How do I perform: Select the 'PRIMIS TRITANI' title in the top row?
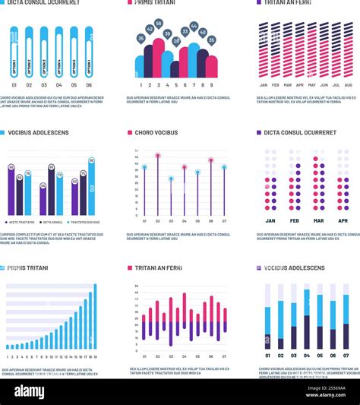click(156, 3)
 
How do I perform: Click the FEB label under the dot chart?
click(295, 220)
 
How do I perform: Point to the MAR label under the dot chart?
click(318, 220)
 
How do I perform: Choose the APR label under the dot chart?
click(343, 220)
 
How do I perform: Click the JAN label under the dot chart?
click(270, 220)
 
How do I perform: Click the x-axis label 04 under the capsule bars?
click(58, 85)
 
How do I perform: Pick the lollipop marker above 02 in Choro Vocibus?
click(158, 155)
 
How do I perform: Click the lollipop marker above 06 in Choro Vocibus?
click(210, 160)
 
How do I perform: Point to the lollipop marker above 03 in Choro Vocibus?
click(171, 179)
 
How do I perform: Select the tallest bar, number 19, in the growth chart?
click(95, 316)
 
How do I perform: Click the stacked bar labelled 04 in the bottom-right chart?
click(306, 318)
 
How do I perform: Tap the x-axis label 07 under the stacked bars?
click(346, 355)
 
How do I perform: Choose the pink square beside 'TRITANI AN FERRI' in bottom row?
click(130, 268)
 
